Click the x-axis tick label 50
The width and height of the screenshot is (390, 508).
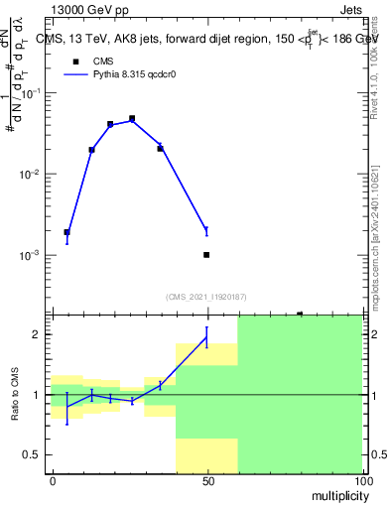click(x=206, y=480)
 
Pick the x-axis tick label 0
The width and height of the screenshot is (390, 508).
click(x=52, y=480)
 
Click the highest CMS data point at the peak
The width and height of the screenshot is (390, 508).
click(x=132, y=118)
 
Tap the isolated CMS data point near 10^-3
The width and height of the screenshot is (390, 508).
click(x=206, y=255)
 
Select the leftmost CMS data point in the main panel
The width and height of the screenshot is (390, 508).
click(x=66, y=232)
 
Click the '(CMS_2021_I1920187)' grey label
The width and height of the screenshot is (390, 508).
click(x=207, y=296)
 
